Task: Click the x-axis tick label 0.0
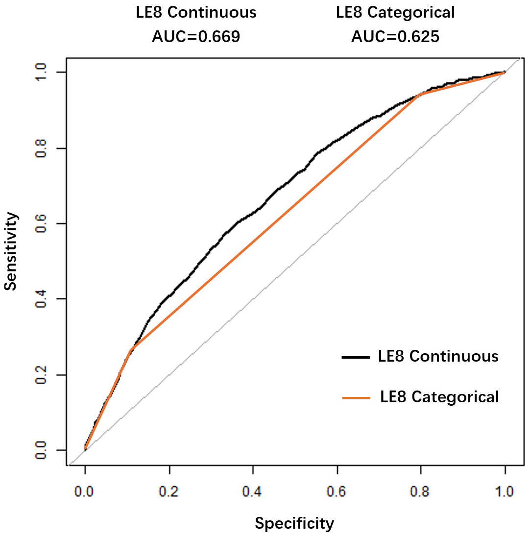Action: click(x=85, y=491)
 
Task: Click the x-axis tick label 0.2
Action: click(x=169, y=491)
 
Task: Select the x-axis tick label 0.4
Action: click(x=253, y=491)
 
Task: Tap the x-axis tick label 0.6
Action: click(x=337, y=491)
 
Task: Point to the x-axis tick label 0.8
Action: click(x=421, y=491)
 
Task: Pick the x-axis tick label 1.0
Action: click(x=505, y=491)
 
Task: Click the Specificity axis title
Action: click(x=294, y=524)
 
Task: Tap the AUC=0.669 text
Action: click(x=196, y=37)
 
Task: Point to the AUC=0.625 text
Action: click(x=395, y=37)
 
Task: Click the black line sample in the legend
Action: click(x=356, y=357)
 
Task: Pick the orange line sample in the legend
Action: click(x=356, y=398)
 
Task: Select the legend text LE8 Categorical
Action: click(x=439, y=396)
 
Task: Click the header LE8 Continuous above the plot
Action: click(x=196, y=13)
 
